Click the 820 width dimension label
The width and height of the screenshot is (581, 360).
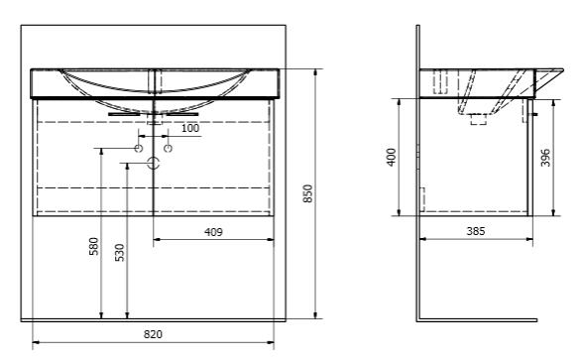(x=153, y=334)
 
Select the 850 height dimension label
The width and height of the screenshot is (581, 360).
(x=308, y=193)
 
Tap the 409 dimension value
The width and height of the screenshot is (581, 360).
(x=213, y=232)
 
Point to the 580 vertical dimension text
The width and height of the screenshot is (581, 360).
(x=94, y=246)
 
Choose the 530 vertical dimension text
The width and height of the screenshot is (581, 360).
(x=120, y=253)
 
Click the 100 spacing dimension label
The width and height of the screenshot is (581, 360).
(x=190, y=128)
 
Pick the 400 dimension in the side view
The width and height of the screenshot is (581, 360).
(x=392, y=158)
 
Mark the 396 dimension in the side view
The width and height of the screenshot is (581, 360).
(x=545, y=158)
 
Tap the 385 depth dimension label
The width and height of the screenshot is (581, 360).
(x=475, y=231)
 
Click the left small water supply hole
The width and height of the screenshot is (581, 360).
(x=139, y=149)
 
